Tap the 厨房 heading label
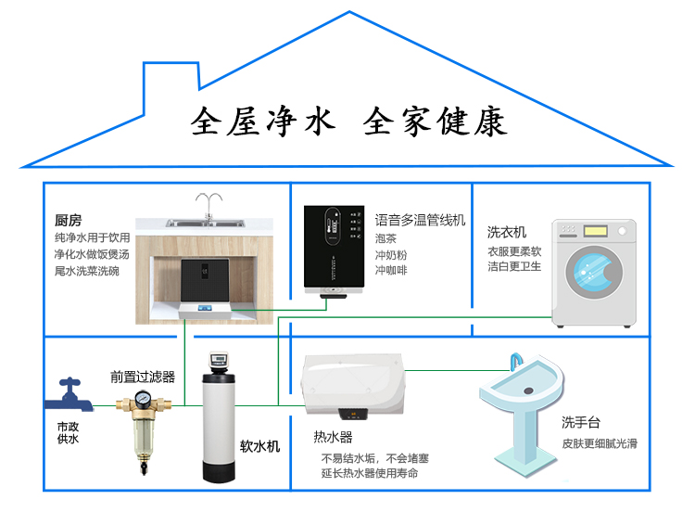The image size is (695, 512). [69, 221]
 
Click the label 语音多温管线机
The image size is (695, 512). [420, 221]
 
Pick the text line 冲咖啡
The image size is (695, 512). [391, 271]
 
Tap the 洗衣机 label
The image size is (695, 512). [507, 232]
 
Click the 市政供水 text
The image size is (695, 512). [68, 432]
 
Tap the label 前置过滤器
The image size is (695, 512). [143, 378]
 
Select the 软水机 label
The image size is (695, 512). [259, 446]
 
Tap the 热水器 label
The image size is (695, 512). [334, 437]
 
